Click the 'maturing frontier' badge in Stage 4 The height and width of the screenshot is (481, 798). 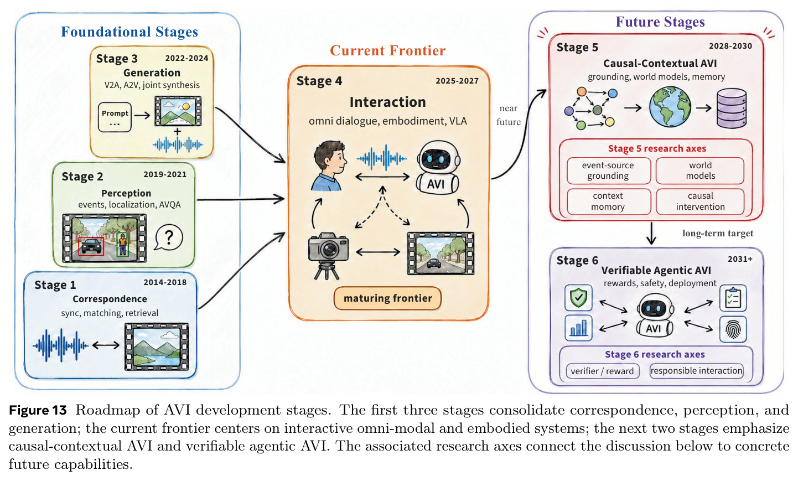click(387, 298)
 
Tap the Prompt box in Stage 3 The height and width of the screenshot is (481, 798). click(115, 117)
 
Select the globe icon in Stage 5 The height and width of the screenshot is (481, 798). click(670, 107)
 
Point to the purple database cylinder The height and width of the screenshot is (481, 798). click(732, 108)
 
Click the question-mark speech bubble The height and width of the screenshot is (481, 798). click(169, 237)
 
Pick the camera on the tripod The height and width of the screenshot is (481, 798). click(328, 256)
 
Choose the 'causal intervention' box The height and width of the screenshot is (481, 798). click(700, 201)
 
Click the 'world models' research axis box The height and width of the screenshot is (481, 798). click(700, 170)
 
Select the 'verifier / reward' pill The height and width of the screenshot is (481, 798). click(603, 371)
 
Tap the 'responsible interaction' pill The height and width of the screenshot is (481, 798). click(697, 370)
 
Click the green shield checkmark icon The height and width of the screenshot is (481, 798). click(578, 297)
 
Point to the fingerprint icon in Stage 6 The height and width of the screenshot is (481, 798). click(733, 329)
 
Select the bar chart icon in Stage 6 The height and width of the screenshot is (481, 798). click(578, 328)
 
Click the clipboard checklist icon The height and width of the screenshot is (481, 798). click(733, 298)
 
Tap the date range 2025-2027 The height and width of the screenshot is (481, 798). click(457, 81)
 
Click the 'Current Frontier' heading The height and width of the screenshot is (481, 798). click(387, 50)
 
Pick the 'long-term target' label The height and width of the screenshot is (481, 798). click(718, 234)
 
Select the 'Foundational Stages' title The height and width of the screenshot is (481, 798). click(129, 32)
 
